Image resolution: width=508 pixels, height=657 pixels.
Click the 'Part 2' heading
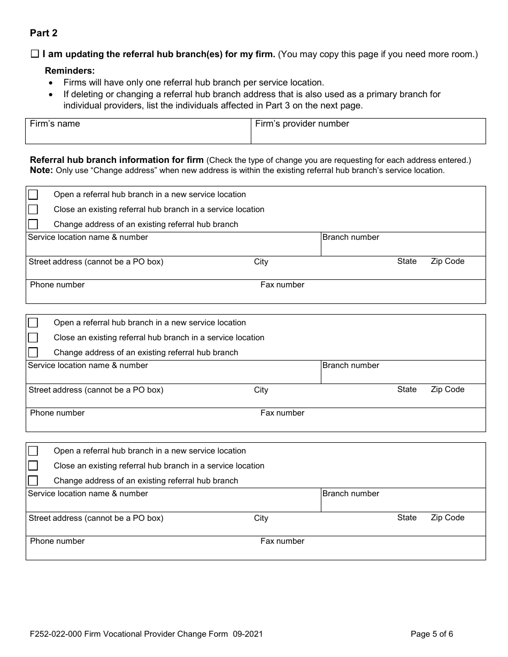coord(44,33)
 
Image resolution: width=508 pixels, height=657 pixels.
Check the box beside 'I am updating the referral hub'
coord(35,54)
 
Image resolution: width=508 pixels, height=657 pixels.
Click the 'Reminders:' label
coord(70,71)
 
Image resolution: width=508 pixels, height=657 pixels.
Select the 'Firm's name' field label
coord(55,124)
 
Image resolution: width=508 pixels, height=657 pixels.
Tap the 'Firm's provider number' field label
coord(302,124)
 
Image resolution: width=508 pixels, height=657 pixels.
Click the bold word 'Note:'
coord(41,170)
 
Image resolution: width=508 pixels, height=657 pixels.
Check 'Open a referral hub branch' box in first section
coord(33,194)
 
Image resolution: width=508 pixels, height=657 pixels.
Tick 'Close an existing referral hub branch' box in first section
coord(33,209)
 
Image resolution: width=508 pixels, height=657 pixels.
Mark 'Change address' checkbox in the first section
coord(33,224)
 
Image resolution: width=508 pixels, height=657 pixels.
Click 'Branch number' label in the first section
coord(350,237)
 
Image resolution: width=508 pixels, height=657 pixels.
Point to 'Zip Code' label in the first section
coord(447,261)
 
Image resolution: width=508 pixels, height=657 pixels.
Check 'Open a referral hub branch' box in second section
coord(33,323)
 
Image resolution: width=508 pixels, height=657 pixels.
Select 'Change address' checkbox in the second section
coord(33,353)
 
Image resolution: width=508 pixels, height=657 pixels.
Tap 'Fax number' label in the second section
coord(282,413)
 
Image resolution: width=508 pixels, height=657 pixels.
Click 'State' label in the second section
coord(406,389)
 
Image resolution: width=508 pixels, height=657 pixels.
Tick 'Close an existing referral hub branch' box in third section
coord(33,466)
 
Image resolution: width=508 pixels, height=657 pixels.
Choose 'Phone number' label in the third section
coord(57,541)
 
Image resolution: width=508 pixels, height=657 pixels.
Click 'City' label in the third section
coord(261,518)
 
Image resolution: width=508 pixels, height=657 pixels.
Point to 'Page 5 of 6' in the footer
coord(432,635)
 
